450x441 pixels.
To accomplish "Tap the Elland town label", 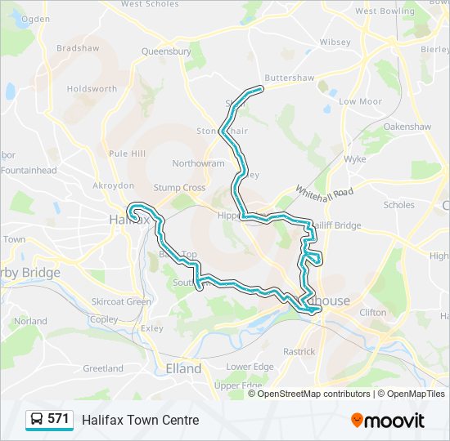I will pyautogui.click(x=183, y=368).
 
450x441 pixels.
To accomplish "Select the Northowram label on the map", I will pyautogui.click(x=198, y=163).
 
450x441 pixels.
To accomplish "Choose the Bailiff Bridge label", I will pyautogui.click(x=335, y=225).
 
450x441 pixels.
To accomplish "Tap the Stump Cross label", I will pyautogui.click(x=182, y=188).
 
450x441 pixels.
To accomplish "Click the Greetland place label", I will pyautogui.click(x=102, y=368).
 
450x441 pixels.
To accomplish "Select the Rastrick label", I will pyautogui.click(x=299, y=351).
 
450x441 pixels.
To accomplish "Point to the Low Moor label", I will pyautogui.click(x=360, y=101).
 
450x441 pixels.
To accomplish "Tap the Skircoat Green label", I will pyautogui.click(x=121, y=301).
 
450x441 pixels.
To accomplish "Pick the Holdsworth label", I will pyautogui.click(x=91, y=88).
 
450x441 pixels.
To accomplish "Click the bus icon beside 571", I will pyautogui.click(x=37, y=419).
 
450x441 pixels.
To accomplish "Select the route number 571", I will pyautogui.click(x=58, y=419).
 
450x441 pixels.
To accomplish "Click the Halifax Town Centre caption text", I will pyautogui.click(x=140, y=420).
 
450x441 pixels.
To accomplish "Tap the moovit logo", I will pyautogui.click(x=388, y=420).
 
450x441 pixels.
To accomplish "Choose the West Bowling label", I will pyautogui.click(x=385, y=11).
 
